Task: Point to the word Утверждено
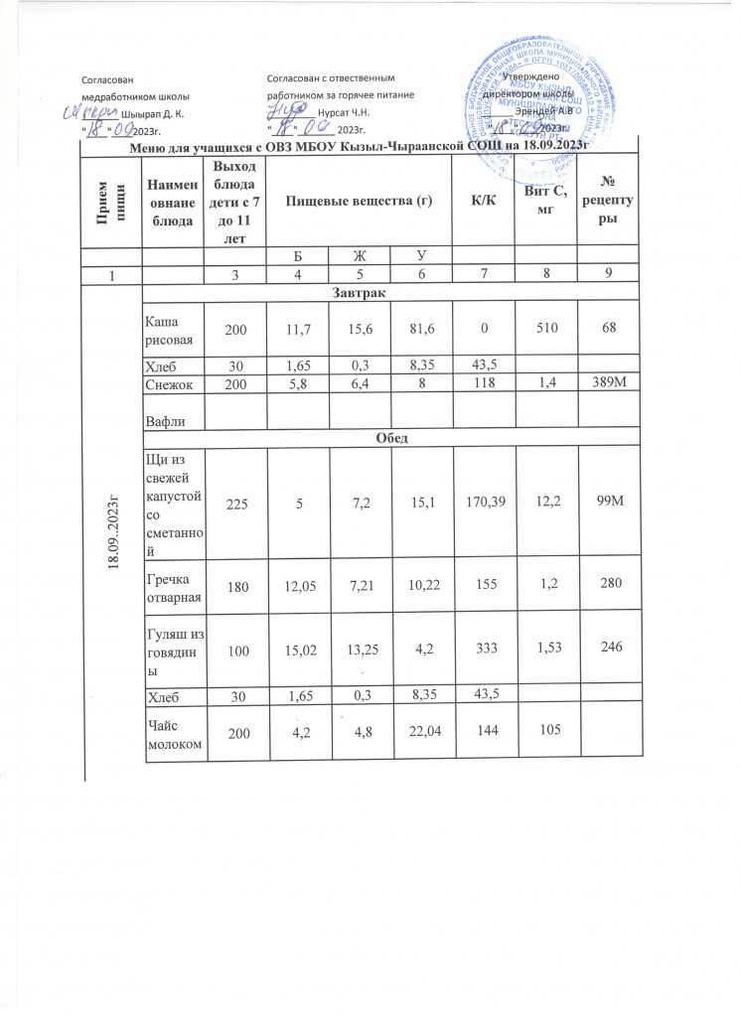(x=530, y=77)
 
